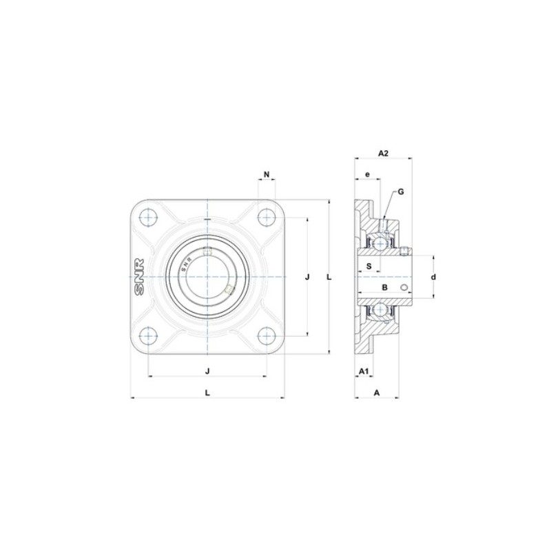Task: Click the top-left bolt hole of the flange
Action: (x=149, y=218)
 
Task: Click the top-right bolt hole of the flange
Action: (x=266, y=218)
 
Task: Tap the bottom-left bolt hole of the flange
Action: (x=149, y=336)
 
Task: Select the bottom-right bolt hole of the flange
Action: (x=266, y=336)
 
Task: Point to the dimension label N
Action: (x=266, y=174)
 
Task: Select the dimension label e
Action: (x=368, y=175)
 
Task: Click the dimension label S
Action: (x=369, y=266)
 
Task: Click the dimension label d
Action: (x=433, y=277)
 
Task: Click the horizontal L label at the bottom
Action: (x=207, y=393)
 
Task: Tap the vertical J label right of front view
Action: (x=307, y=277)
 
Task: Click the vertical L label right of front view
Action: (x=329, y=277)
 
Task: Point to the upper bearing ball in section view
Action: (x=379, y=242)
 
